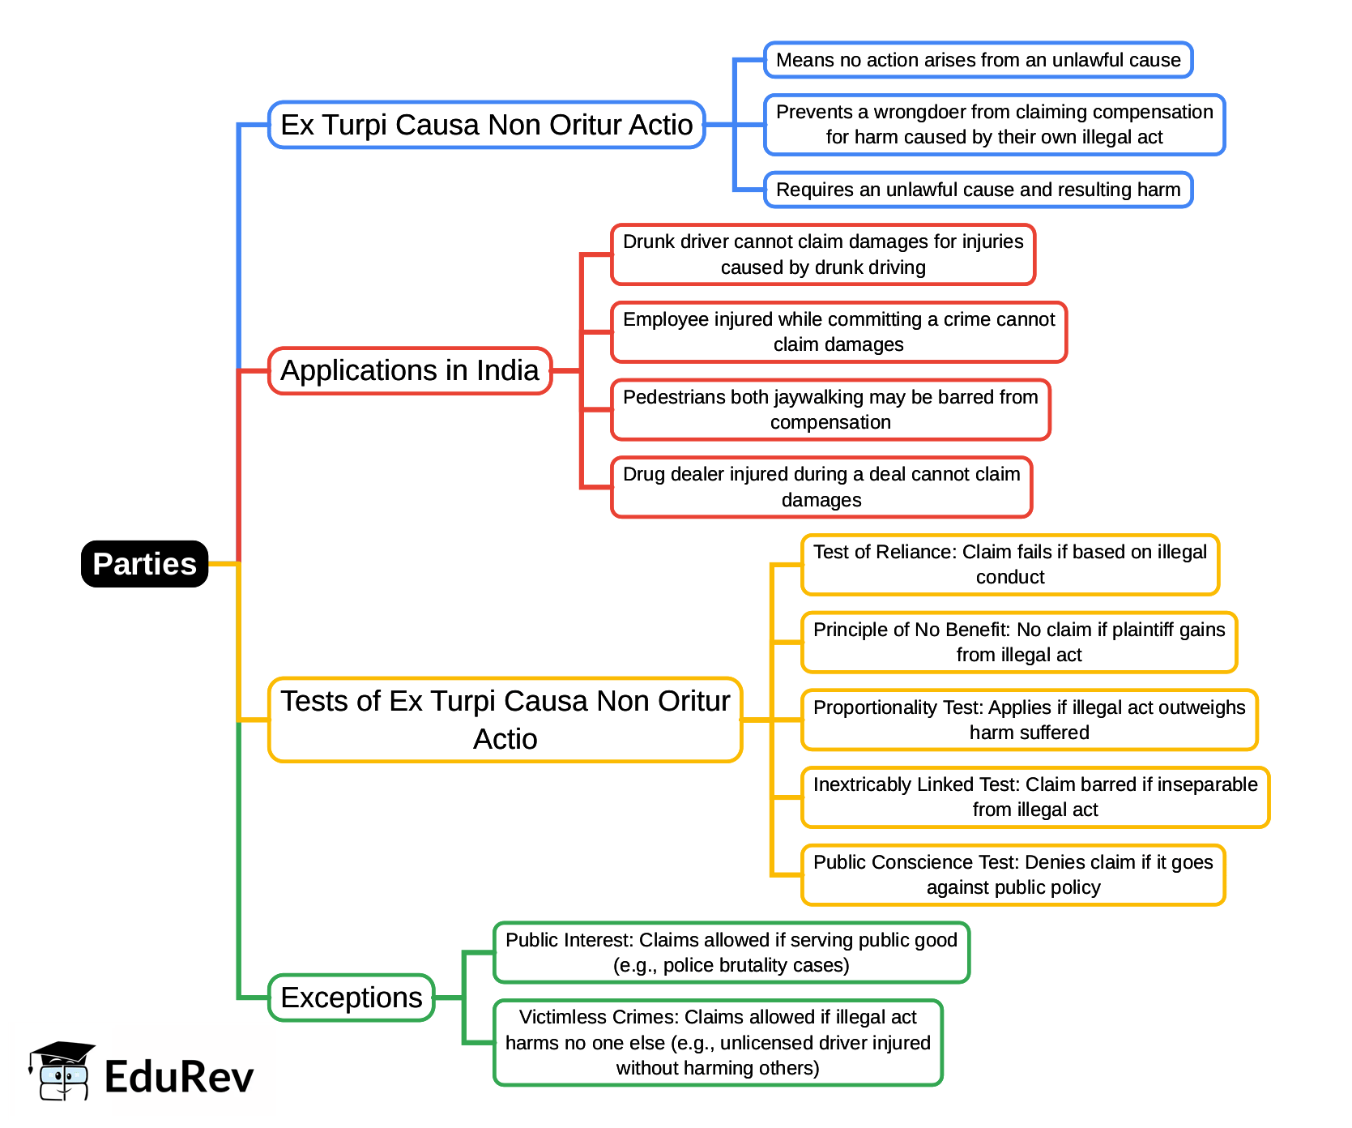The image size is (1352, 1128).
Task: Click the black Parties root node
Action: point(144,564)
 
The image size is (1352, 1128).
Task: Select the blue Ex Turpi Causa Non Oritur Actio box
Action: point(486,125)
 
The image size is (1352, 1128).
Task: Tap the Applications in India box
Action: point(409,370)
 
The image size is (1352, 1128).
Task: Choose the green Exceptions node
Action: point(351,998)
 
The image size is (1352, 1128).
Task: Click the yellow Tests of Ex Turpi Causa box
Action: point(505,720)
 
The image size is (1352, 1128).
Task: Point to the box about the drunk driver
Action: point(823,254)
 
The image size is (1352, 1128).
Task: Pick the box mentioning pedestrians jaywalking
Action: point(830,409)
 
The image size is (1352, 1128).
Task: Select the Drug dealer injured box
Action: point(821,487)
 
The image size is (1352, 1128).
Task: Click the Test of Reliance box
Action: point(1009,564)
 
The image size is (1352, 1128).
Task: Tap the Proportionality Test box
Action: point(1029,720)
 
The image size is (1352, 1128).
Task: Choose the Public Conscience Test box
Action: point(1013,874)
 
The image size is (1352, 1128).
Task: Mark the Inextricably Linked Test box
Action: point(1034,797)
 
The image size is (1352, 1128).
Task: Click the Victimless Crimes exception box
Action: point(718,1042)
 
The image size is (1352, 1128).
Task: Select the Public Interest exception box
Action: point(731,952)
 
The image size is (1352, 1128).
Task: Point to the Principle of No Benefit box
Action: point(1018,642)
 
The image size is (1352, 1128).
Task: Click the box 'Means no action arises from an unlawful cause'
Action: point(978,60)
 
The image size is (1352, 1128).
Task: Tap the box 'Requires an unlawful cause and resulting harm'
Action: point(978,190)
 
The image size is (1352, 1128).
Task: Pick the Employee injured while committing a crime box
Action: point(838,331)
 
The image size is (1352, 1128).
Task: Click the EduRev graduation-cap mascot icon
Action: point(61,1070)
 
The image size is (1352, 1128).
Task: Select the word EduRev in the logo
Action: point(179,1077)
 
